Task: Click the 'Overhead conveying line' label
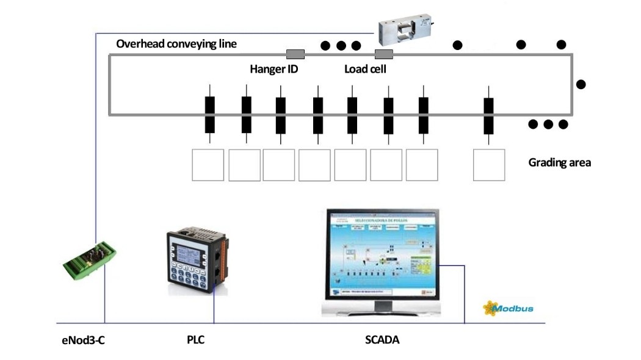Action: point(176,44)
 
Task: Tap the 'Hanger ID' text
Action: point(273,69)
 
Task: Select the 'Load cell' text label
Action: point(365,69)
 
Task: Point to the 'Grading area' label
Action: point(559,163)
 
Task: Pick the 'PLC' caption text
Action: point(195,340)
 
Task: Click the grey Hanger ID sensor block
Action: point(295,54)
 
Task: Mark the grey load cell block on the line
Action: point(384,54)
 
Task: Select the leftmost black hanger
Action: point(210,115)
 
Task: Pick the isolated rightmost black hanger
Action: point(488,115)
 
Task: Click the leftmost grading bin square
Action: point(208,165)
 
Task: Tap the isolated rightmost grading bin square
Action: point(489,165)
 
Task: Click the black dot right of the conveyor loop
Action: point(581,84)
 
